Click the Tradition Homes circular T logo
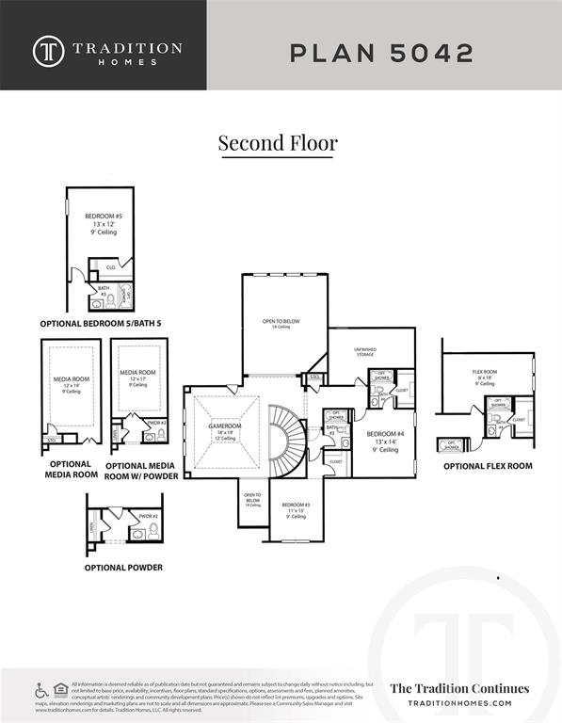tap(49, 52)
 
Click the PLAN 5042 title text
tap(380, 53)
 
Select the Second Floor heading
tap(278, 143)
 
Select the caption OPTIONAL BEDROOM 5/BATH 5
tap(99, 323)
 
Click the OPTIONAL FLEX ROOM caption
tap(487, 466)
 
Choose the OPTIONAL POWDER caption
tap(122, 568)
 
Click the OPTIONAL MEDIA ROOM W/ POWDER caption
tap(142, 470)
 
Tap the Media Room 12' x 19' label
tap(70, 384)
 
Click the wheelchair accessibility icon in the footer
tap(41, 691)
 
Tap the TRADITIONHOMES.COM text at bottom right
tap(459, 703)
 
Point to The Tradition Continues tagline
tap(459, 688)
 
